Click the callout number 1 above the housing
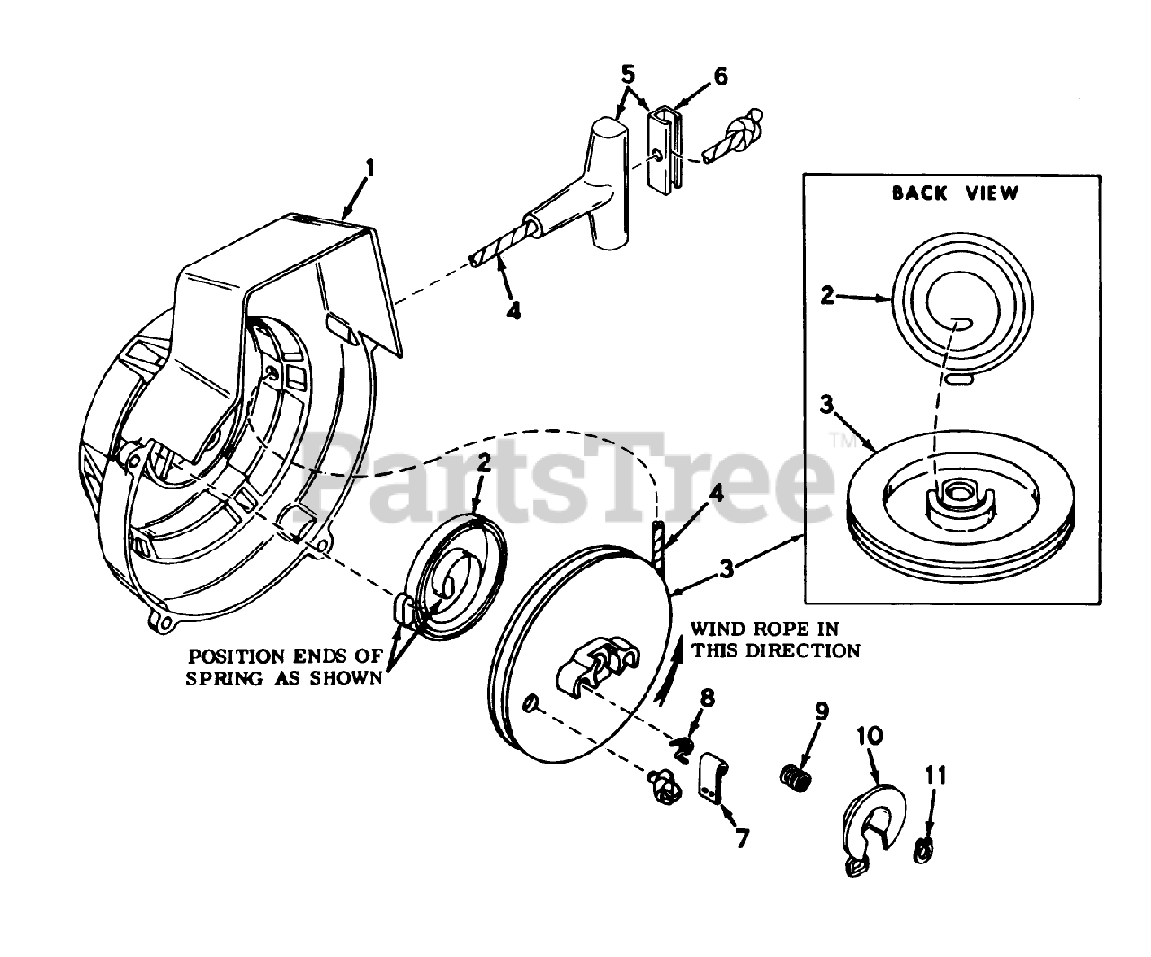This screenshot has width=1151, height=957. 369,168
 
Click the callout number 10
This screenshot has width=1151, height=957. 870,736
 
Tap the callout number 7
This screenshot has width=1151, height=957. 741,836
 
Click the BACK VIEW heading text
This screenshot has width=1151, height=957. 956,192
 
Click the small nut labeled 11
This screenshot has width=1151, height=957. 922,849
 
